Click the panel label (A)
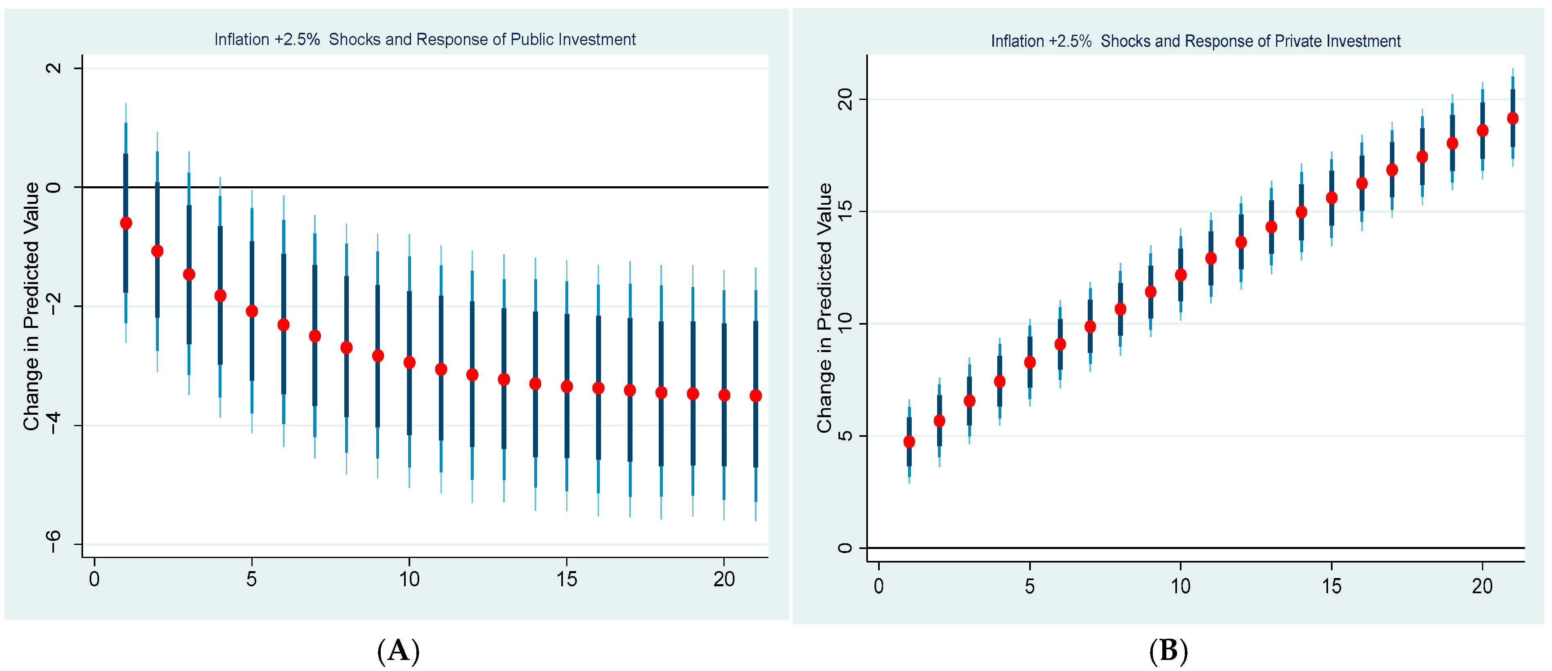tap(398, 651)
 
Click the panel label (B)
tap(1168, 651)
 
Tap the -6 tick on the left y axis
tap(54, 542)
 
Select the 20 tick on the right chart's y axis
tap(846, 99)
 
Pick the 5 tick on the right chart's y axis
tap(846, 436)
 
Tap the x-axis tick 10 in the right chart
tap(1180, 586)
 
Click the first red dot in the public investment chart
tap(126, 224)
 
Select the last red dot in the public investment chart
tap(755, 396)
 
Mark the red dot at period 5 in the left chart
tap(252, 312)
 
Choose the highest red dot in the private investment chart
tap(1512, 119)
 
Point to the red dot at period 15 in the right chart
tap(1331, 198)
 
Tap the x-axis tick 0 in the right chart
tap(879, 586)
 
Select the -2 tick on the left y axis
tap(54, 306)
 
